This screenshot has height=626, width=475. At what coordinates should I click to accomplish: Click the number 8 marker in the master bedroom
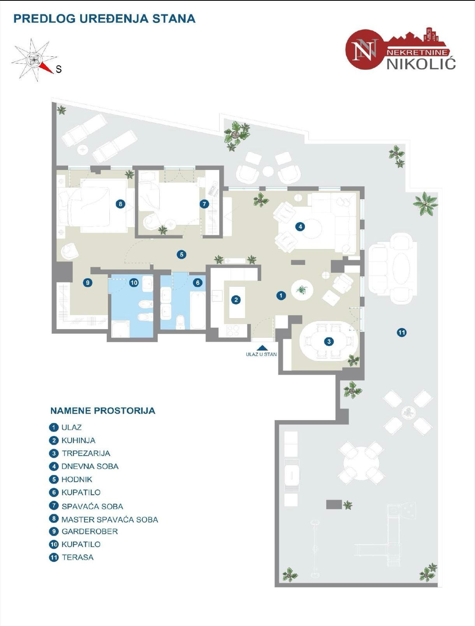[x=120, y=203]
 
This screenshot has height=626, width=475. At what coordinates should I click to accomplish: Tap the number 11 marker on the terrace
[x=401, y=332]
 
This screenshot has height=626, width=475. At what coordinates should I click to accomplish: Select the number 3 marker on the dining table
[x=329, y=342]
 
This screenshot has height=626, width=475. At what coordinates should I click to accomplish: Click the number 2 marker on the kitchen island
[x=236, y=300]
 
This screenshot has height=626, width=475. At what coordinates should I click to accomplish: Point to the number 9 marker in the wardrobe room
[x=88, y=283]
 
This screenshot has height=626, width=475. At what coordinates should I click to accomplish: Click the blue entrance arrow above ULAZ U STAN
[x=262, y=348]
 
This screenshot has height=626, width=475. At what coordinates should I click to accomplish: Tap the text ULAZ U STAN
[x=261, y=354]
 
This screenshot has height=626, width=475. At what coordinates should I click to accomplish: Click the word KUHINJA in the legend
[x=78, y=440]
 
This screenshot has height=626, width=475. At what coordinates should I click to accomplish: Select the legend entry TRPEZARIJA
[x=86, y=453]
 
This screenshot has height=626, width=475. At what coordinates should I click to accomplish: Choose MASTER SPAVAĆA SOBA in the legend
[x=109, y=519]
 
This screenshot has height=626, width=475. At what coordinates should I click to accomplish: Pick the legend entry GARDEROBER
[x=89, y=531]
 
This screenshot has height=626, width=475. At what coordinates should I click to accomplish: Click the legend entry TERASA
[x=77, y=557]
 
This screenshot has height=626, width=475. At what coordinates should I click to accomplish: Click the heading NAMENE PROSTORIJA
[x=103, y=410]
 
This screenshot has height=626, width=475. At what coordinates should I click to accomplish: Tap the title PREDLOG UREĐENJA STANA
[x=104, y=19]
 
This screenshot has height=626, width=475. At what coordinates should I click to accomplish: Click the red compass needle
[x=47, y=68]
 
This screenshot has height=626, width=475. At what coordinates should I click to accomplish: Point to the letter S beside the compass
[x=59, y=70]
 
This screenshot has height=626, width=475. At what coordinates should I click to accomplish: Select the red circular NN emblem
[x=363, y=50]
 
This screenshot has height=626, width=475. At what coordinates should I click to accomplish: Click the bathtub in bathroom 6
[x=197, y=310]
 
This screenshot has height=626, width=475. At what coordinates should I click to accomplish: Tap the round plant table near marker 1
[x=302, y=289]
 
